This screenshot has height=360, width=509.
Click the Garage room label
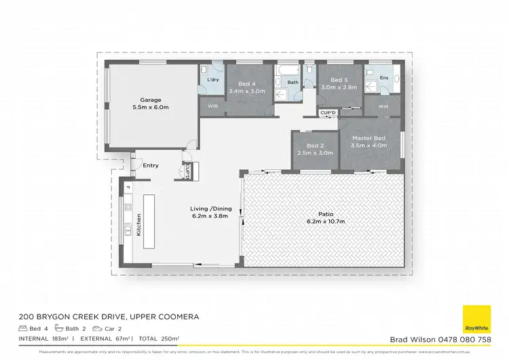[x=151, y=100]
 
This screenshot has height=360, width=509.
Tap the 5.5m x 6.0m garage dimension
[x=151, y=107]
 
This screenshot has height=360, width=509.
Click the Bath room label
[x=293, y=83]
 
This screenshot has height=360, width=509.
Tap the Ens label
[x=383, y=77]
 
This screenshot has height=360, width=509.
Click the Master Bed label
[x=369, y=138]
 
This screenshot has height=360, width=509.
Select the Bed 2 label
[x=316, y=146]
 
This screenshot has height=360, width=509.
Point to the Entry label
[x=151, y=165]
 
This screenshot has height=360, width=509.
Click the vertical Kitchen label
[x=139, y=224]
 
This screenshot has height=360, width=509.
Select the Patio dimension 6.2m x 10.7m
[x=326, y=221]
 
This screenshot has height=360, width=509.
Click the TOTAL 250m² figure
[x=160, y=338]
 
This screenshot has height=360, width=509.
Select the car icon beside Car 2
[x=116, y=328]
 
